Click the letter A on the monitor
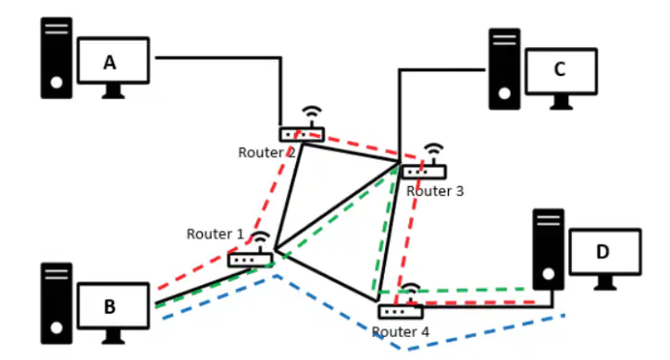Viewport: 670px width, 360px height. pyautogui.click(x=110, y=62)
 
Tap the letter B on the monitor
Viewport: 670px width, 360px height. pyautogui.click(x=110, y=306)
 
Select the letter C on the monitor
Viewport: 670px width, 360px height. pyautogui.click(x=560, y=69)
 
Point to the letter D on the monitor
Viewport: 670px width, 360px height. pyautogui.click(x=602, y=252)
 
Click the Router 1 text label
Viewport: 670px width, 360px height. pyautogui.click(x=215, y=234)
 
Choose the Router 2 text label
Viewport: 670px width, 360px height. pyautogui.click(x=267, y=152)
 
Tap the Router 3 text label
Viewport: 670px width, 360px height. pyautogui.click(x=435, y=192)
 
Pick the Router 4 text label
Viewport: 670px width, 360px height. pyautogui.click(x=401, y=332)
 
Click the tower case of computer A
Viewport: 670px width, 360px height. pyautogui.click(x=56, y=58)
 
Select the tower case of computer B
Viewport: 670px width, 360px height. pyautogui.click(x=56, y=304)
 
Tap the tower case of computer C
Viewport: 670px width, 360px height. pyautogui.click(x=504, y=69)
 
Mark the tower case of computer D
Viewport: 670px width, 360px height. pyautogui.click(x=549, y=250)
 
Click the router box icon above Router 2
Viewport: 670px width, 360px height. pyautogui.click(x=302, y=135)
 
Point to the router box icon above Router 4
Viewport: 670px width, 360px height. pyautogui.click(x=401, y=311)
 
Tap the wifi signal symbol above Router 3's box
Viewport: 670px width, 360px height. pyautogui.click(x=434, y=151)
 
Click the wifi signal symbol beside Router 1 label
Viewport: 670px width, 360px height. pyautogui.click(x=260, y=240)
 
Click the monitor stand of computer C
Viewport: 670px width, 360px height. pyautogui.click(x=561, y=103)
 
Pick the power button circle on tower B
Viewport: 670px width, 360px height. pyautogui.click(x=56, y=328)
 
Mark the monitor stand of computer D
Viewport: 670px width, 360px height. pyautogui.click(x=605, y=282)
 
